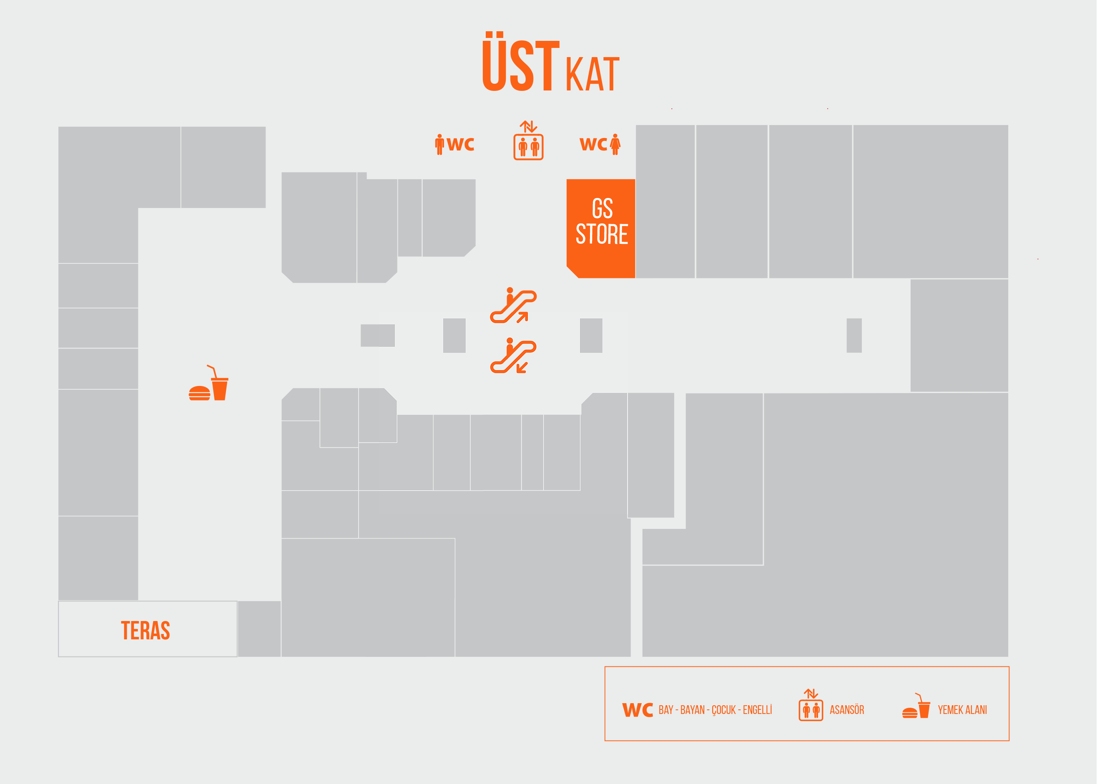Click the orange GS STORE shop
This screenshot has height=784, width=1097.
601,228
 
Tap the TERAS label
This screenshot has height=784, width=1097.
146,631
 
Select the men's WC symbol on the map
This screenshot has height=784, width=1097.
454,144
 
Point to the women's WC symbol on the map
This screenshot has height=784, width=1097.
600,144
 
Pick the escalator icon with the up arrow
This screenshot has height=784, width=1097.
513,305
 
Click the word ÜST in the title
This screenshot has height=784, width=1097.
521,61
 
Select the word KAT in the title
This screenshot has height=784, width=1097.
592,74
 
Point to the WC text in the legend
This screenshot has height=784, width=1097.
638,710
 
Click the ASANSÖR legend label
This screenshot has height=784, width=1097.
847,710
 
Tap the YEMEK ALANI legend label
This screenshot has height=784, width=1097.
962,710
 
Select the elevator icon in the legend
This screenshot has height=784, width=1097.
811,705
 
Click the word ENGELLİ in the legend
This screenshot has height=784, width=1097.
757,710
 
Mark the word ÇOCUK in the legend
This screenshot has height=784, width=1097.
724,711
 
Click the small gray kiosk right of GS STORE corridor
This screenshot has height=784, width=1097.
854,336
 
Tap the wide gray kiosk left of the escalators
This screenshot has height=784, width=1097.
378,336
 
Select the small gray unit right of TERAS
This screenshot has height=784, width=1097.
259,629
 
